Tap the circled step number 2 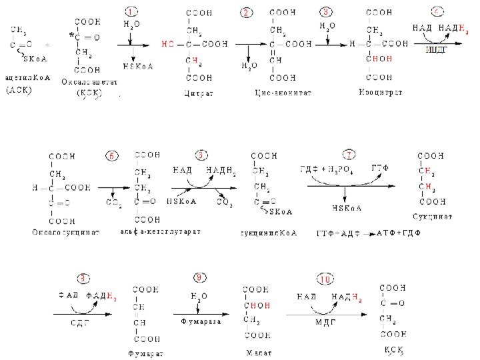[248, 13]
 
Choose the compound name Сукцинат [433, 217]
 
